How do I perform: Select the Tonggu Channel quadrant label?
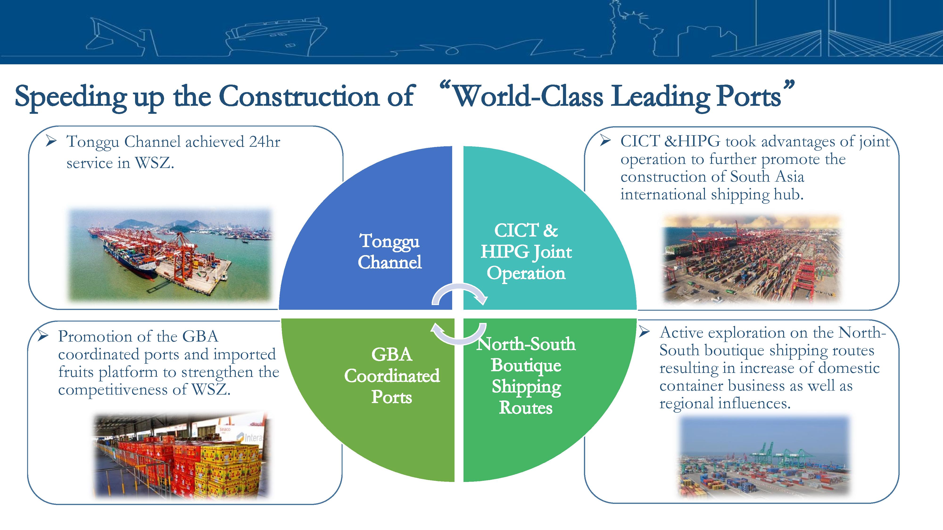click(x=389, y=251)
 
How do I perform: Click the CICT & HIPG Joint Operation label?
click(x=526, y=252)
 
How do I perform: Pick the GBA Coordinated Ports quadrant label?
click(x=392, y=376)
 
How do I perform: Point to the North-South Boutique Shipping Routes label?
click(x=526, y=376)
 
